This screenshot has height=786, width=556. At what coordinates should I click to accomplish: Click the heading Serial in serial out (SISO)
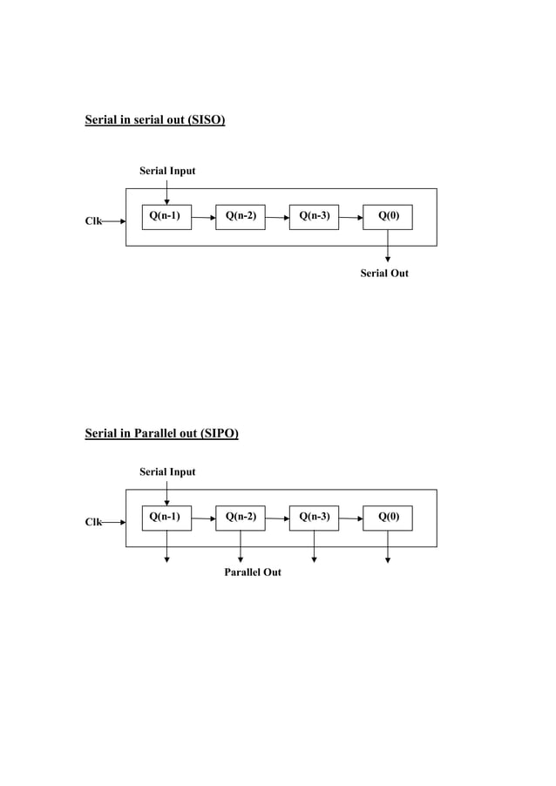154,120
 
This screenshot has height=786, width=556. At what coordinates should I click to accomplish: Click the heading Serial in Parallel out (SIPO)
161,433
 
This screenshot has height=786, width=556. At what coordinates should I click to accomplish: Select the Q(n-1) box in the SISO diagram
166,216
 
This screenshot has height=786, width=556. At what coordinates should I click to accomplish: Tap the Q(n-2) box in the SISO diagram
241,216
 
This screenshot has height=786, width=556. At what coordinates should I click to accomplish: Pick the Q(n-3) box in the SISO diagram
314,216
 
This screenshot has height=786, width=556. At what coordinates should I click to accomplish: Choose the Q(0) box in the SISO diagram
388,216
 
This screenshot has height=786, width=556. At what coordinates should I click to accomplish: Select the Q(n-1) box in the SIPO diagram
166,518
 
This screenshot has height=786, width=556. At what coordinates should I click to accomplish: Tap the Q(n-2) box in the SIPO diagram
241,518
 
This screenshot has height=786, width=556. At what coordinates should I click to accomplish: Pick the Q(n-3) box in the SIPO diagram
314,518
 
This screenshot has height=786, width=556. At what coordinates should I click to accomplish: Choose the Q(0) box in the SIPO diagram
388,518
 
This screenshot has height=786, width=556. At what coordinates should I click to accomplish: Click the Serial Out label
384,274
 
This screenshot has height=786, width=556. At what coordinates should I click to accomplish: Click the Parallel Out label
253,573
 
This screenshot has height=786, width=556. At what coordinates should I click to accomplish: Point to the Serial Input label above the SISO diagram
167,171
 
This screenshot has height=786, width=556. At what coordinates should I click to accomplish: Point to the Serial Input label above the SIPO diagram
167,471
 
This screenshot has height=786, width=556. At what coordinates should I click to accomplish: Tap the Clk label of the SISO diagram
92,221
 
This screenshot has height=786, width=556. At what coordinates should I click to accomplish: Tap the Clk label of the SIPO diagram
92,523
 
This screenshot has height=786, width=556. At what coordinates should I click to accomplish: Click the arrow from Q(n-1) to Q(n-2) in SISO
203,217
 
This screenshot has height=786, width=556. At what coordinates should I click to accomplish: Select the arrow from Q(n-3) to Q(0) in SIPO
350,518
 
